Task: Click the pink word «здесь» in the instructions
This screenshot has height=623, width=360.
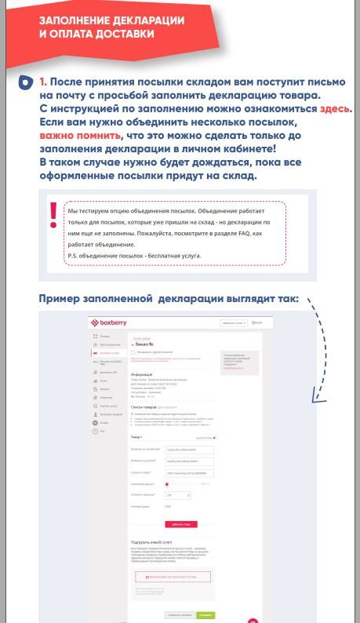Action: (335, 109)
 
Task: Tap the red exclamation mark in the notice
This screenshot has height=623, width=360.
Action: (53, 216)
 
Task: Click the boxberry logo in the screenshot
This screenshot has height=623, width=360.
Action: (109, 322)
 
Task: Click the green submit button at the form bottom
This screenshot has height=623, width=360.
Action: (205, 615)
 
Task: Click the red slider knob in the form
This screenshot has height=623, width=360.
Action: (167, 484)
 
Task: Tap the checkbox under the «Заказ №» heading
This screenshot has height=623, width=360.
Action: (133, 352)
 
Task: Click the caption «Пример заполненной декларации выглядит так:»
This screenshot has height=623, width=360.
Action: (169, 299)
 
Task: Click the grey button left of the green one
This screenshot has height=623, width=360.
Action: (180, 615)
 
